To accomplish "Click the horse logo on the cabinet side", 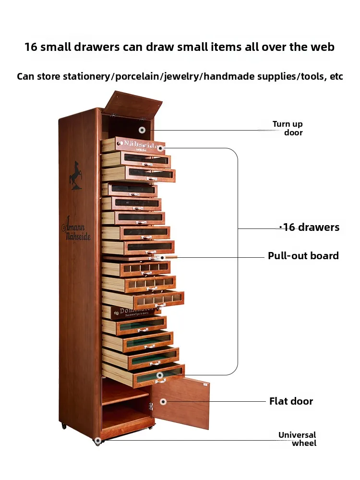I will tap(75, 175).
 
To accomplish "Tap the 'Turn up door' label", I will tap(288, 128).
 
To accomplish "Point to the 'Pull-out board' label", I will tap(303, 256).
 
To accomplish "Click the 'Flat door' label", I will tap(291, 401).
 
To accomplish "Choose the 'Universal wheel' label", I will tap(298, 439).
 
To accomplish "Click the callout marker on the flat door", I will tap(163, 401).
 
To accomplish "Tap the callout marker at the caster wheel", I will tap(98, 440).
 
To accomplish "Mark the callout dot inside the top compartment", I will tap(142, 130).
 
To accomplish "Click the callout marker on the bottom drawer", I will tap(160, 375).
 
